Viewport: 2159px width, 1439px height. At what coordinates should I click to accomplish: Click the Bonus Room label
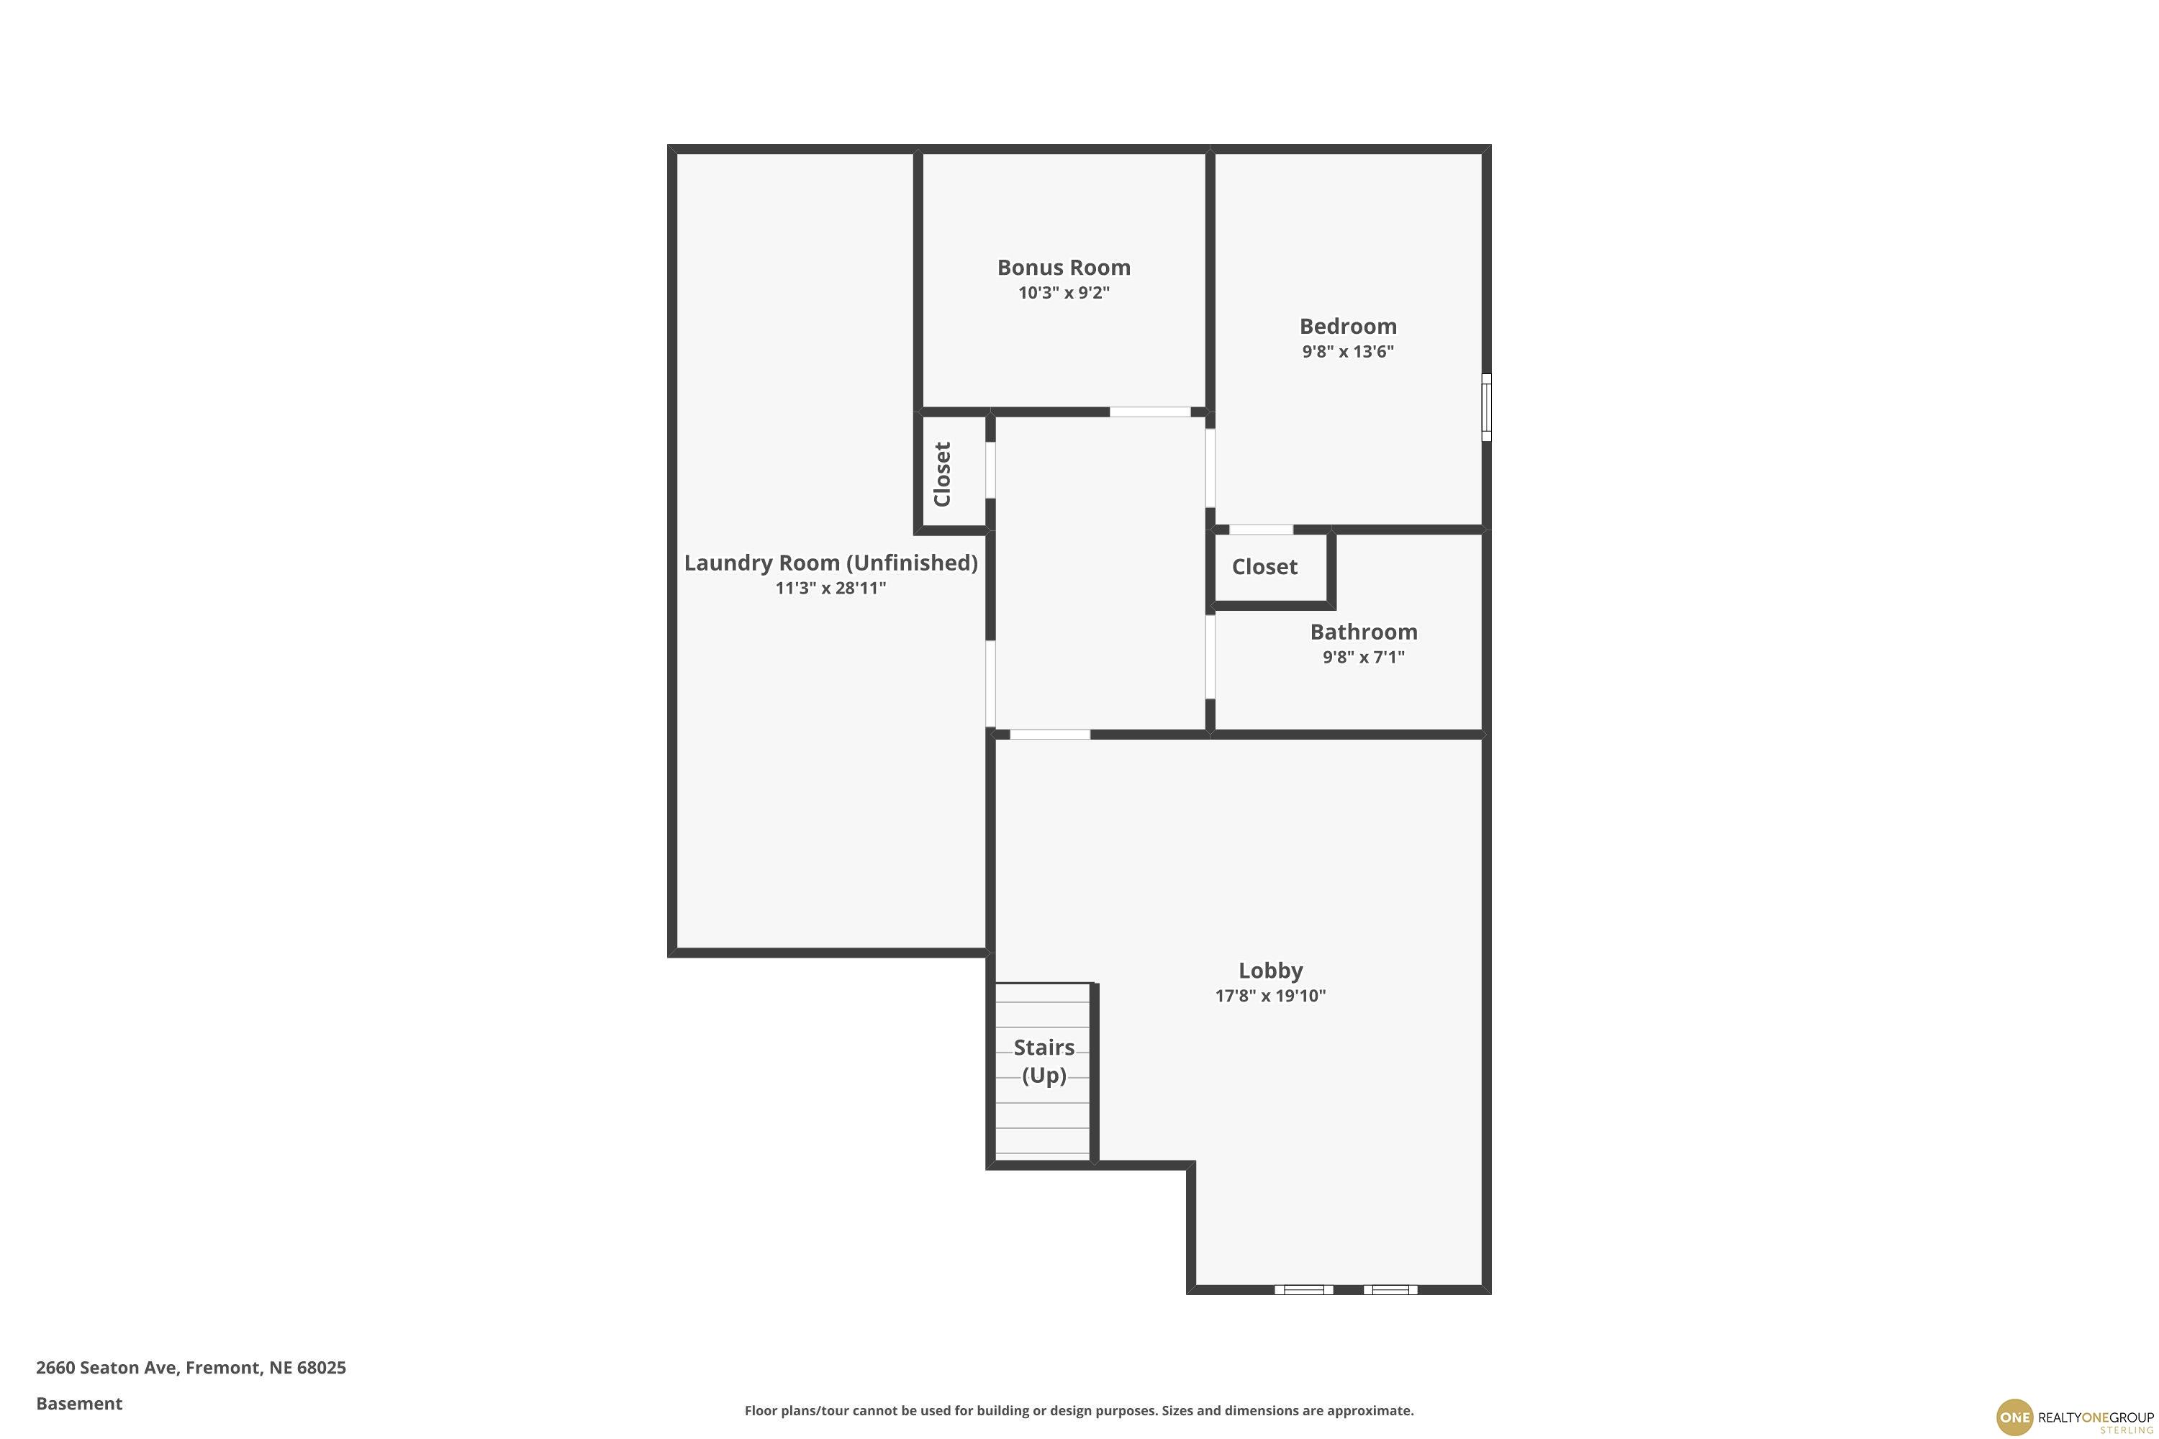[x=1064, y=267]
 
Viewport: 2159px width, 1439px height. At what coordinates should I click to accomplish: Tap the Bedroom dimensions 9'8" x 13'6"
[x=1347, y=352]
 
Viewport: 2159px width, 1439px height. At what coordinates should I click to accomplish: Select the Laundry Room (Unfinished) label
[x=830, y=563]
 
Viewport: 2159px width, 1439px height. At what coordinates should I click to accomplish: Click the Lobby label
[x=1270, y=970]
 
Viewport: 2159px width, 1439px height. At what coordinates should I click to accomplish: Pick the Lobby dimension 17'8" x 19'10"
[x=1270, y=996]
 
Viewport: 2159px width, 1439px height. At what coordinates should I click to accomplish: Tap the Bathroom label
[x=1363, y=632]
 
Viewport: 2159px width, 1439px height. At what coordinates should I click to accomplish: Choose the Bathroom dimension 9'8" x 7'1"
[x=1363, y=657]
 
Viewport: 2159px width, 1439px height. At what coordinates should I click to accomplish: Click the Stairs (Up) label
[x=1044, y=1061]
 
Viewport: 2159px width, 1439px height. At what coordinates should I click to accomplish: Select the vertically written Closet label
[x=942, y=474]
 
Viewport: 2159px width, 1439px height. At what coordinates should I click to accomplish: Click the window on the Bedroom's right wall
[x=1486, y=407]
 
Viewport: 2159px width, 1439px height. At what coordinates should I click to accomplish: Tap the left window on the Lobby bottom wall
[x=1303, y=1289]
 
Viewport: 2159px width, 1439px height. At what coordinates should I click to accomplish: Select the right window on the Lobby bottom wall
[x=1390, y=1289]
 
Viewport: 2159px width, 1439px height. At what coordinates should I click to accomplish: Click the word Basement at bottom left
[x=79, y=1403]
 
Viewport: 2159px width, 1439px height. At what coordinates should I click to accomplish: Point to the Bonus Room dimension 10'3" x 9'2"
[x=1064, y=294]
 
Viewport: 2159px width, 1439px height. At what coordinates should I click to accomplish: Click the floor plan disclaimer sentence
[x=1079, y=1410]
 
